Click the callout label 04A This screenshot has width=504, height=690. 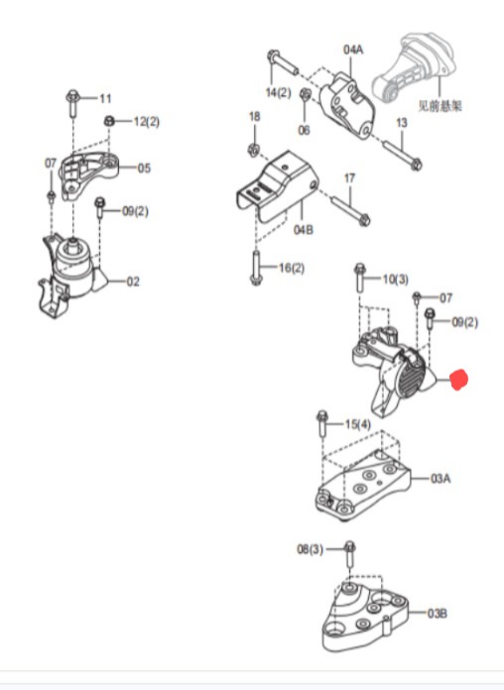[x=353, y=50]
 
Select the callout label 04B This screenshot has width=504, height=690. [x=304, y=230]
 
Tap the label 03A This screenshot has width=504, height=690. [x=441, y=478]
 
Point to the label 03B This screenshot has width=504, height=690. [x=438, y=613]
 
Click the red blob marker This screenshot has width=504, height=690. [x=458, y=380]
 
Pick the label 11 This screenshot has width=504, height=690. [x=105, y=98]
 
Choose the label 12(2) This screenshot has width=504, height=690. [x=147, y=122]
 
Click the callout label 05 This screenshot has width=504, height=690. [x=144, y=169]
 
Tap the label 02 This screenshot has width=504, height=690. [x=133, y=282]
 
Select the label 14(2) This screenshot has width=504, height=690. [x=279, y=92]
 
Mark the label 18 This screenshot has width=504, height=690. [x=255, y=117]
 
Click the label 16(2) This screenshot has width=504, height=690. [x=292, y=268]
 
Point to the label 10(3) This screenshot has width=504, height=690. [x=396, y=279]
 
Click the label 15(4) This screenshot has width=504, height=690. [x=358, y=424]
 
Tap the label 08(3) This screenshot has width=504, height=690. [x=311, y=549]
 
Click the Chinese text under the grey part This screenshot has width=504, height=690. [x=441, y=106]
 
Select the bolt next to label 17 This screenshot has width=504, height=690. [x=350, y=211]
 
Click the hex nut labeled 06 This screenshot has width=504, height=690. [x=305, y=94]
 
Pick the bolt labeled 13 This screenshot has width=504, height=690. [x=403, y=155]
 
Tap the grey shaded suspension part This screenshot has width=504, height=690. [x=414, y=66]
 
